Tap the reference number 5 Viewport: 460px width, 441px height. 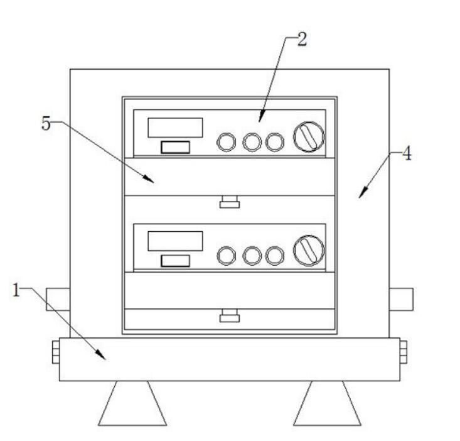pyautogui.click(x=46, y=123)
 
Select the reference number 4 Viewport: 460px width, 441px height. pyautogui.click(x=407, y=154)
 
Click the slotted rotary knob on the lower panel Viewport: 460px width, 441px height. pyautogui.click(x=309, y=251)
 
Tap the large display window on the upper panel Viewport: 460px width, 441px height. pyautogui.click(x=175, y=128)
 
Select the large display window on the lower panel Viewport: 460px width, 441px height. pyautogui.click(x=175, y=241)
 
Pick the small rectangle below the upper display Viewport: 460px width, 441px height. pyautogui.click(x=176, y=147)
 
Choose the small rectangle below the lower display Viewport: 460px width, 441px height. pyautogui.click(x=176, y=261)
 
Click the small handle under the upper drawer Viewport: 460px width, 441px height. pyautogui.click(x=230, y=202)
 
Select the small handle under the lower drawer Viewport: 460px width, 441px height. pyautogui.click(x=230, y=316)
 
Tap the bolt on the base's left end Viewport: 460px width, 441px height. pyautogui.click(x=56, y=352)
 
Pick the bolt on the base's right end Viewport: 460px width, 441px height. pyautogui.click(x=403, y=352)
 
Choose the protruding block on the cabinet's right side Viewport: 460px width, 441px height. pyautogui.click(x=401, y=299)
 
